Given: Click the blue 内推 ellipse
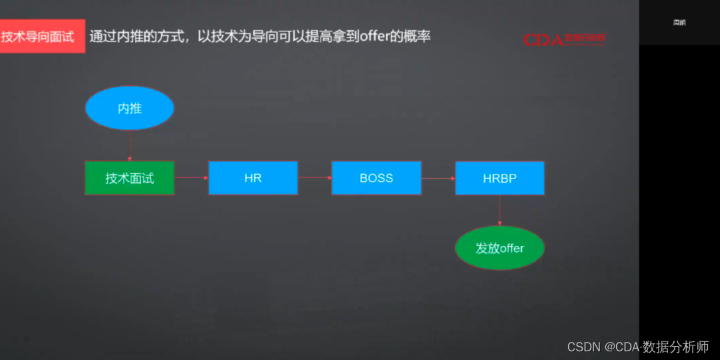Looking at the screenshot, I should (x=129, y=108).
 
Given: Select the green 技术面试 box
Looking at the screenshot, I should (x=129, y=178).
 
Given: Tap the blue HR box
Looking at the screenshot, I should (x=253, y=178).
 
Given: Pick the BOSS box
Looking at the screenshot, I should (x=376, y=178).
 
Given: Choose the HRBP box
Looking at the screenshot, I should (x=499, y=178).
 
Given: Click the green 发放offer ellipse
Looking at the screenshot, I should (x=499, y=249).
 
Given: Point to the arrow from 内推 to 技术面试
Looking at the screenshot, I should (x=129, y=145).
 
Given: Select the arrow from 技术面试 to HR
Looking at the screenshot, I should (x=191, y=178).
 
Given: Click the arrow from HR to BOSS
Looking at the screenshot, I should (x=315, y=178).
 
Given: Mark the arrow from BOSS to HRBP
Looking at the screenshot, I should (x=438, y=178).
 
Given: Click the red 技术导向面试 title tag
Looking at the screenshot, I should (x=42, y=37).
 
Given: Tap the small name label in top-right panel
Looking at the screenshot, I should (x=679, y=23).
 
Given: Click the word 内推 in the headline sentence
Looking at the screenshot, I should (x=132, y=36).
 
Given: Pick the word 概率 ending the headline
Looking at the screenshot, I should (x=418, y=36).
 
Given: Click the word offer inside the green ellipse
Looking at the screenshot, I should (x=512, y=249).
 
